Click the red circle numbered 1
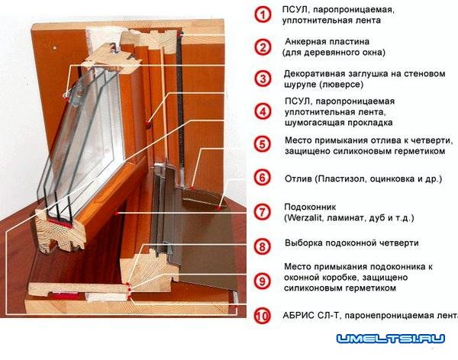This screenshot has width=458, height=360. tap(263, 14)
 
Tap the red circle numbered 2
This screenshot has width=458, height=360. tap(263, 47)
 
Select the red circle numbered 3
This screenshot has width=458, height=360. tap(263, 79)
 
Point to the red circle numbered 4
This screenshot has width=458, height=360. tap(263, 111)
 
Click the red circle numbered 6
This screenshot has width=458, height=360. tap(263, 178)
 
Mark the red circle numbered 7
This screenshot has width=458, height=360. tap(263, 212)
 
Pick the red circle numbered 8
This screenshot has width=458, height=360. tap(263, 246)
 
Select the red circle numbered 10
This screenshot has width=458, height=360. tap(263, 316)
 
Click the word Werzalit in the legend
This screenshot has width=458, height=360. tap(309, 218)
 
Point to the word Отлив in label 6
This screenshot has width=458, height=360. tap(298, 178)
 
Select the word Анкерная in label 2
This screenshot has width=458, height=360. tap(308, 41)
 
